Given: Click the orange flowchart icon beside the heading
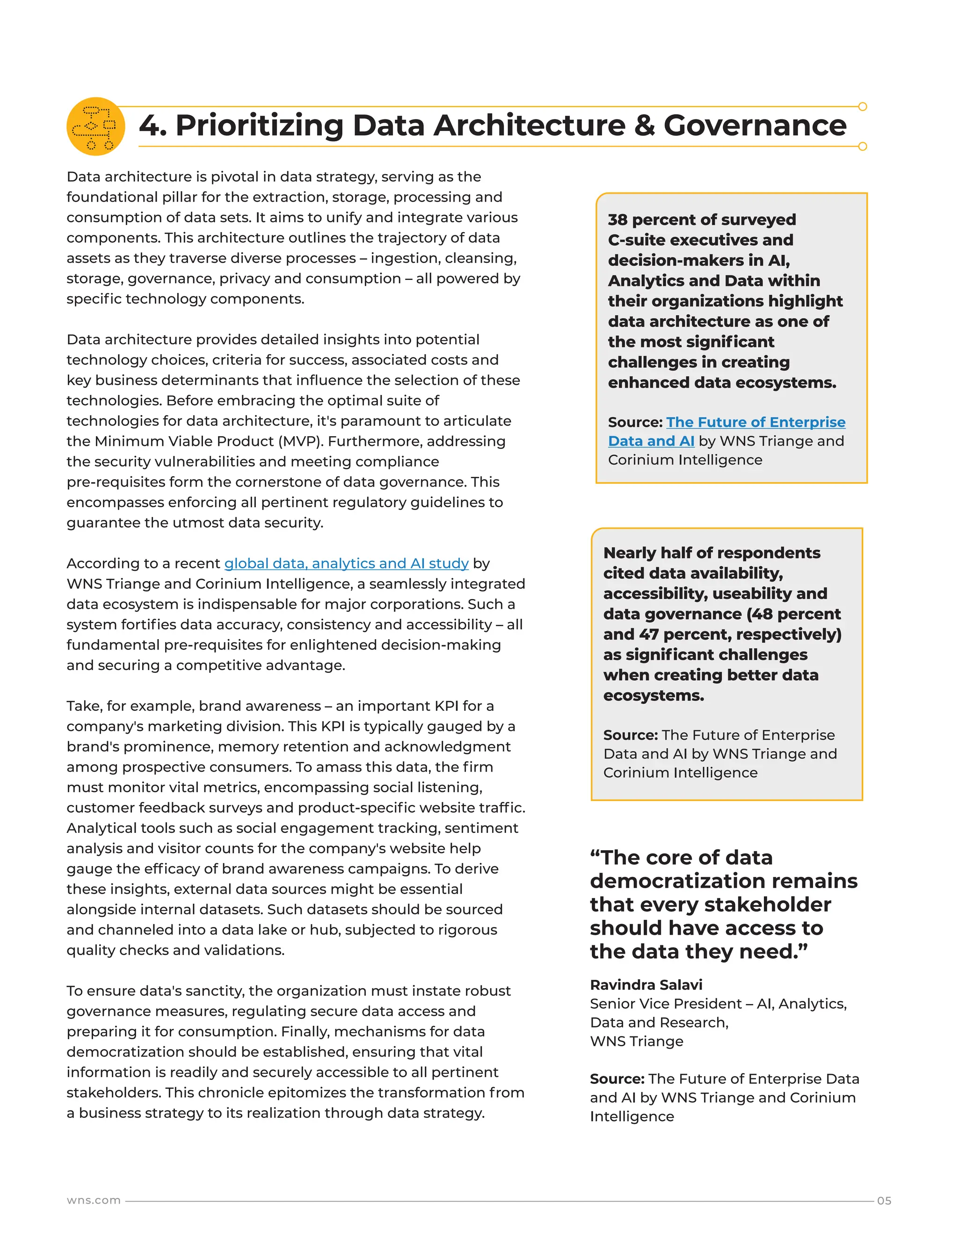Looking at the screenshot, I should (95, 126).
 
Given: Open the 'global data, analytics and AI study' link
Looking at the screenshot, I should (346, 563).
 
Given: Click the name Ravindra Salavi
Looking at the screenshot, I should (646, 985).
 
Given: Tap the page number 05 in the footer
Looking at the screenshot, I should (884, 1200).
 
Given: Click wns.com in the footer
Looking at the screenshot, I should (94, 1200).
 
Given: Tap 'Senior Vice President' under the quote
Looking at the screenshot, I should (665, 1004).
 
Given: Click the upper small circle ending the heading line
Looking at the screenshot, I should (862, 107).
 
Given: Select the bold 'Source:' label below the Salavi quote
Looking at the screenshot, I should (617, 1079).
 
